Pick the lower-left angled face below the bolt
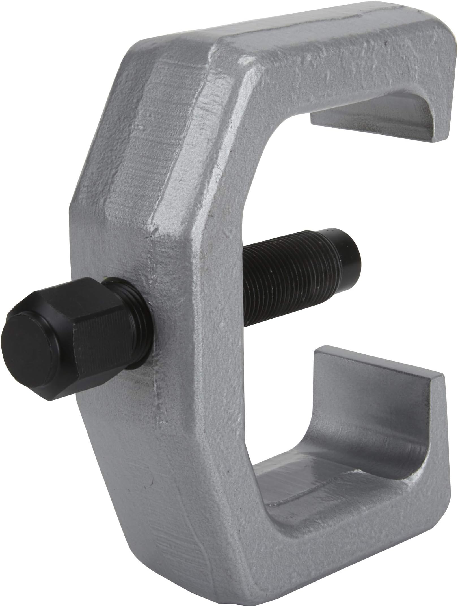click(x=136, y=466)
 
